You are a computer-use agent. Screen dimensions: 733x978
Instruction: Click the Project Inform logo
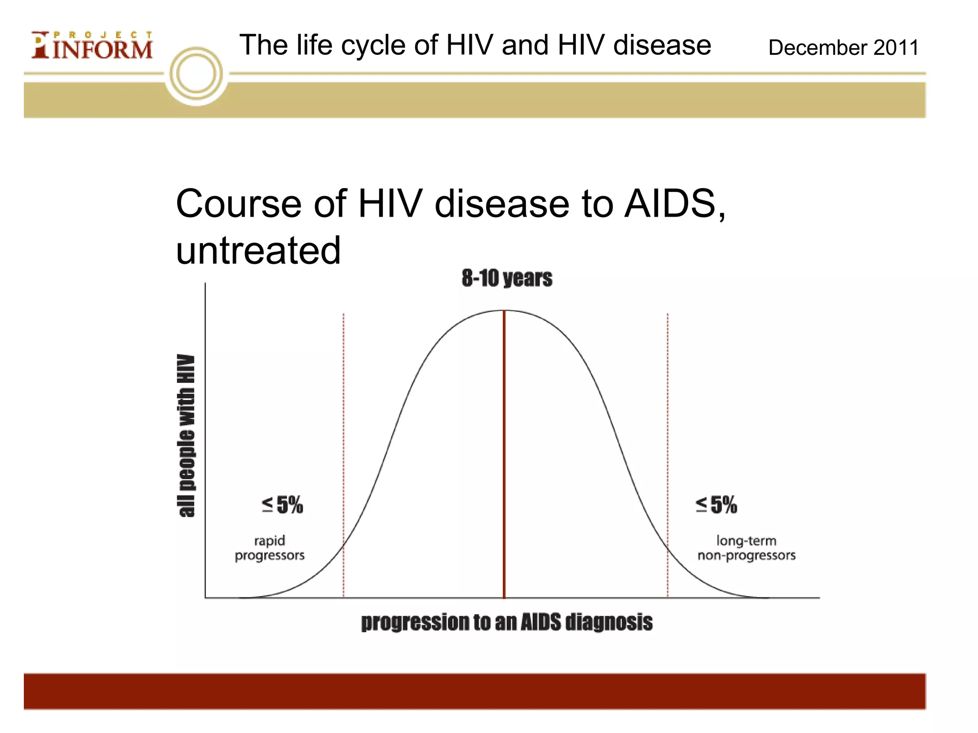tap(92, 46)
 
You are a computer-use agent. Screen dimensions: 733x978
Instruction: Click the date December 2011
tap(843, 48)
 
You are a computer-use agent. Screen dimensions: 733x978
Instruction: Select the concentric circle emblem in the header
tap(196, 74)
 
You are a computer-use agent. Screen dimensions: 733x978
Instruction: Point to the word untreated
tap(258, 251)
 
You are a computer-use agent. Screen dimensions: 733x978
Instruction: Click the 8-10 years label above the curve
tap(507, 278)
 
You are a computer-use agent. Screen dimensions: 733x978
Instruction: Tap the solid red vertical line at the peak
tap(504, 453)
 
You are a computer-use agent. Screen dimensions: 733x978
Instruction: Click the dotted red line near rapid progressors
tap(343, 429)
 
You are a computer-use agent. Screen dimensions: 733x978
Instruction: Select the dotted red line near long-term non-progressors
tap(668, 429)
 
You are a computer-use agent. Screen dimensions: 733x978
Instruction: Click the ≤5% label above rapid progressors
tap(282, 505)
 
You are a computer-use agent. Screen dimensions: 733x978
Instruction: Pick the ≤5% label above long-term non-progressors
tap(716, 505)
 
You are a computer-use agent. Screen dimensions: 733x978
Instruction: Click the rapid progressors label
tap(269, 548)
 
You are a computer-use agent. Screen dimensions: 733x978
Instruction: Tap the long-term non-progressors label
tap(746, 548)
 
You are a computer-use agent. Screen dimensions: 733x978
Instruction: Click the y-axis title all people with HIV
tap(187, 436)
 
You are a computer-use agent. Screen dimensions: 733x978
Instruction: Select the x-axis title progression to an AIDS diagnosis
tap(507, 622)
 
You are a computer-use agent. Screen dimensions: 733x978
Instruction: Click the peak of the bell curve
tap(504, 311)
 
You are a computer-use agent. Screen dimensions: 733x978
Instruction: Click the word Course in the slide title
tap(239, 204)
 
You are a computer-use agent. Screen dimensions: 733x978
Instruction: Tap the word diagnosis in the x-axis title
tap(609, 622)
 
